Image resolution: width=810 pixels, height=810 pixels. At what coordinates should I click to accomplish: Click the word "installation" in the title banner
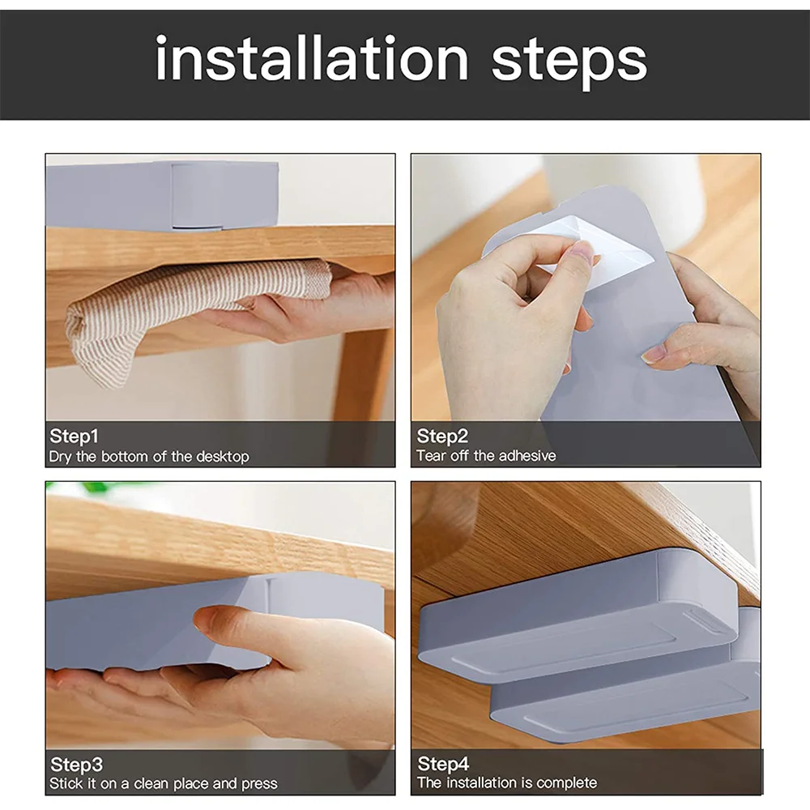312,59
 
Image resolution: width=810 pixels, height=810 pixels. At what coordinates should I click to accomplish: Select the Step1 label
74,436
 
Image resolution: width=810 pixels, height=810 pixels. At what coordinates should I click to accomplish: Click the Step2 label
442,436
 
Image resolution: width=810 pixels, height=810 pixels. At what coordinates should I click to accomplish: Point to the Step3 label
76,764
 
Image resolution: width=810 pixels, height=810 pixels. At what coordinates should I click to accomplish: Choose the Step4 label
443,763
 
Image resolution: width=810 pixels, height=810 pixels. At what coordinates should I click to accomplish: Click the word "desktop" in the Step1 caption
223,457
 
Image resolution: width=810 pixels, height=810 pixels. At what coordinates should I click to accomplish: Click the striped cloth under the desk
191,310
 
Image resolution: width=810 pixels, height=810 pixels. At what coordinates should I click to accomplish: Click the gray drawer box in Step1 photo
162,195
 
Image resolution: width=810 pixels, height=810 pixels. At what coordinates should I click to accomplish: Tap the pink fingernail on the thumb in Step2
582,253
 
